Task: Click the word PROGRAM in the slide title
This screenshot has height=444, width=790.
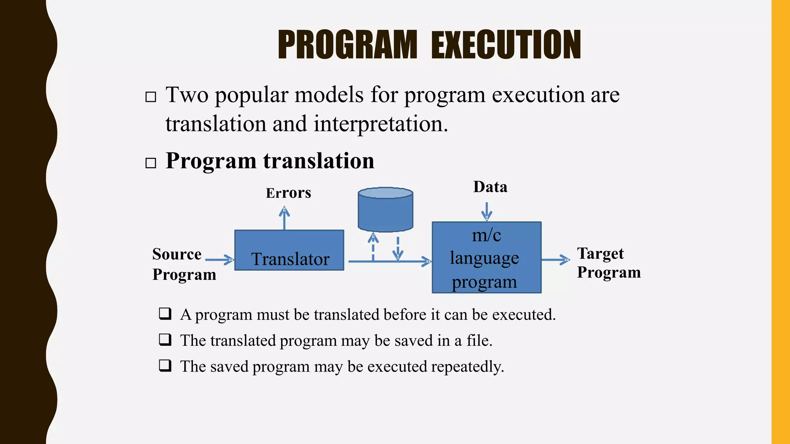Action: [347, 45]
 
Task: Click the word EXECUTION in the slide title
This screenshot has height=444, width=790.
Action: [506, 45]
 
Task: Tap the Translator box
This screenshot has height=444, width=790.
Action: [289, 250]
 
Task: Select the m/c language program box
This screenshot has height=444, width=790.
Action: [486, 257]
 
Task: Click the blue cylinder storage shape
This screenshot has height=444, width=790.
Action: [385, 210]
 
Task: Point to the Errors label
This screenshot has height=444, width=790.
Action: [288, 193]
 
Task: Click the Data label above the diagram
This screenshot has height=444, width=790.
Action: [490, 187]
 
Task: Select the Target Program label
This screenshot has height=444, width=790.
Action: [608, 263]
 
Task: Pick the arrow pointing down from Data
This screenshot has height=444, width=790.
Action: [487, 211]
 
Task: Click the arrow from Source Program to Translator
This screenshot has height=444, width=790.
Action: [219, 260]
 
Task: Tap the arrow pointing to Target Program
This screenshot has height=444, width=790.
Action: [555, 260]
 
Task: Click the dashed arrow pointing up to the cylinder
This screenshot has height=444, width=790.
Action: [373, 247]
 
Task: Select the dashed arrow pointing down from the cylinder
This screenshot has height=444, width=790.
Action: [398, 249]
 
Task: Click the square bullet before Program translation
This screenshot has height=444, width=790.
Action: [151, 163]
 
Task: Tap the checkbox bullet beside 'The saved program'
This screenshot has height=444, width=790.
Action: [165, 365]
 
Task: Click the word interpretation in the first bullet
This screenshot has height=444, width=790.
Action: [380, 124]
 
